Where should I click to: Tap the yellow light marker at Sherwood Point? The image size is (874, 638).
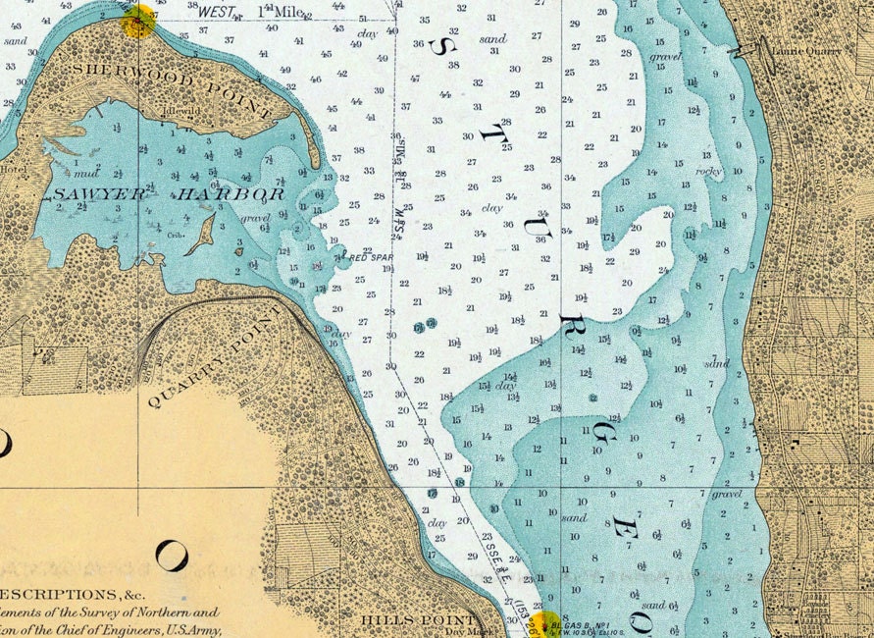pos(138,21)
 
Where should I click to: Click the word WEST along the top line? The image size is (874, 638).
pos(217,12)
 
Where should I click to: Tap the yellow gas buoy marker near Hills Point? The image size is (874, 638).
pos(544,620)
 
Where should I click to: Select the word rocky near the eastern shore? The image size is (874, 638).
pos(708,171)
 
